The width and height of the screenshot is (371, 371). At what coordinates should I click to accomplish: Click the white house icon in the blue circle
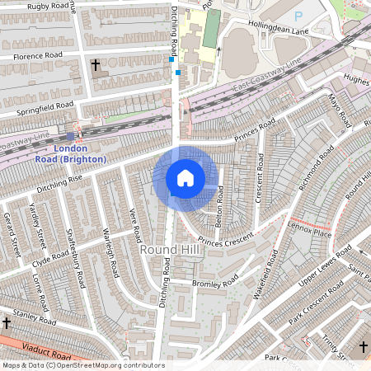185,177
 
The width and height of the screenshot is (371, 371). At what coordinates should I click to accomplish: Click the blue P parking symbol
298,16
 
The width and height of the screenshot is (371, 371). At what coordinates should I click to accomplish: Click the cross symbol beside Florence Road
95,64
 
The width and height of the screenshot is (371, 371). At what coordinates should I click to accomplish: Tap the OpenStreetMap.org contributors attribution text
115,365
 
